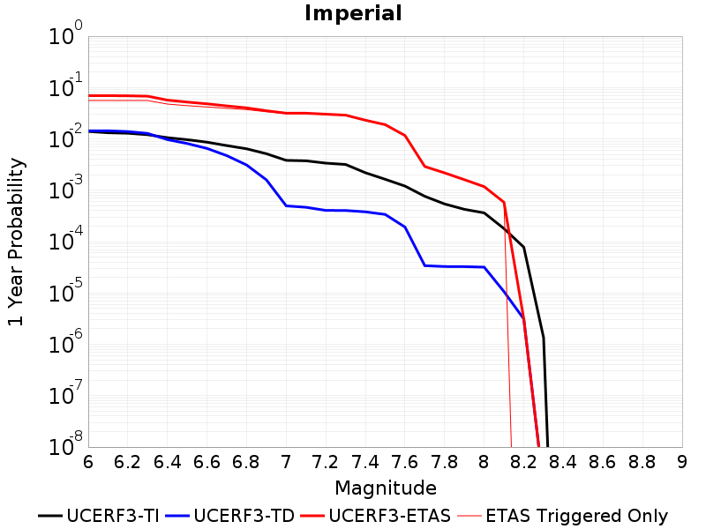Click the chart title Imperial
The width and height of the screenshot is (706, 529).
click(x=353, y=13)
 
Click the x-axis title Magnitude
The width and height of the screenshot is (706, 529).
click(x=386, y=488)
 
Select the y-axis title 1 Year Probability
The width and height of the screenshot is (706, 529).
click(x=16, y=242)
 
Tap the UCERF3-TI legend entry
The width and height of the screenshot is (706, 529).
click(x=99, y=516)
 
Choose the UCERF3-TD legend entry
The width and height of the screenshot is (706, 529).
click(x=230, y=516)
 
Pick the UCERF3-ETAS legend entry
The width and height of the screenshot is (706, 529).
click(x=376, y=516)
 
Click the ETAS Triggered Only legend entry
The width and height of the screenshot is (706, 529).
click(x=562, y=516)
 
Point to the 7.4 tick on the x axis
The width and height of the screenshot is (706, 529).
click(x=364, y=462)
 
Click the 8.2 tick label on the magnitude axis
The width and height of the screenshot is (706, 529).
click(x=523, y=462)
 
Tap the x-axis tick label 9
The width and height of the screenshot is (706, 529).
click(x=682, y=462)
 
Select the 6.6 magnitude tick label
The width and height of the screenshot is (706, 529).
click(x=207, y=462)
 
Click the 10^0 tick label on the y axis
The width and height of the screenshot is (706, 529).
click(x=65, y=34)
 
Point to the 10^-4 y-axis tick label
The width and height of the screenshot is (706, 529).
click(x=65, y=239)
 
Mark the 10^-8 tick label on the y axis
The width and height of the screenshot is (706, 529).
click(x=65, y=444)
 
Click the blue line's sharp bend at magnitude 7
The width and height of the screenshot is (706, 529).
click(x=286, y=205)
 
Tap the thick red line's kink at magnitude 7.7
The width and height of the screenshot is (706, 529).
click(x=424, y=167)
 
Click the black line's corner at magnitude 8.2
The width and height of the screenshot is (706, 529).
click(x=523, y=247)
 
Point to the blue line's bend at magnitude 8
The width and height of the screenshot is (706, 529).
click(x=484, y=267)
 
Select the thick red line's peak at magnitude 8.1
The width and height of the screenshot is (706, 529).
click(x=504, y=203)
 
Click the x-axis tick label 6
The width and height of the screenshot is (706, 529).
click(x=88, y=462)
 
